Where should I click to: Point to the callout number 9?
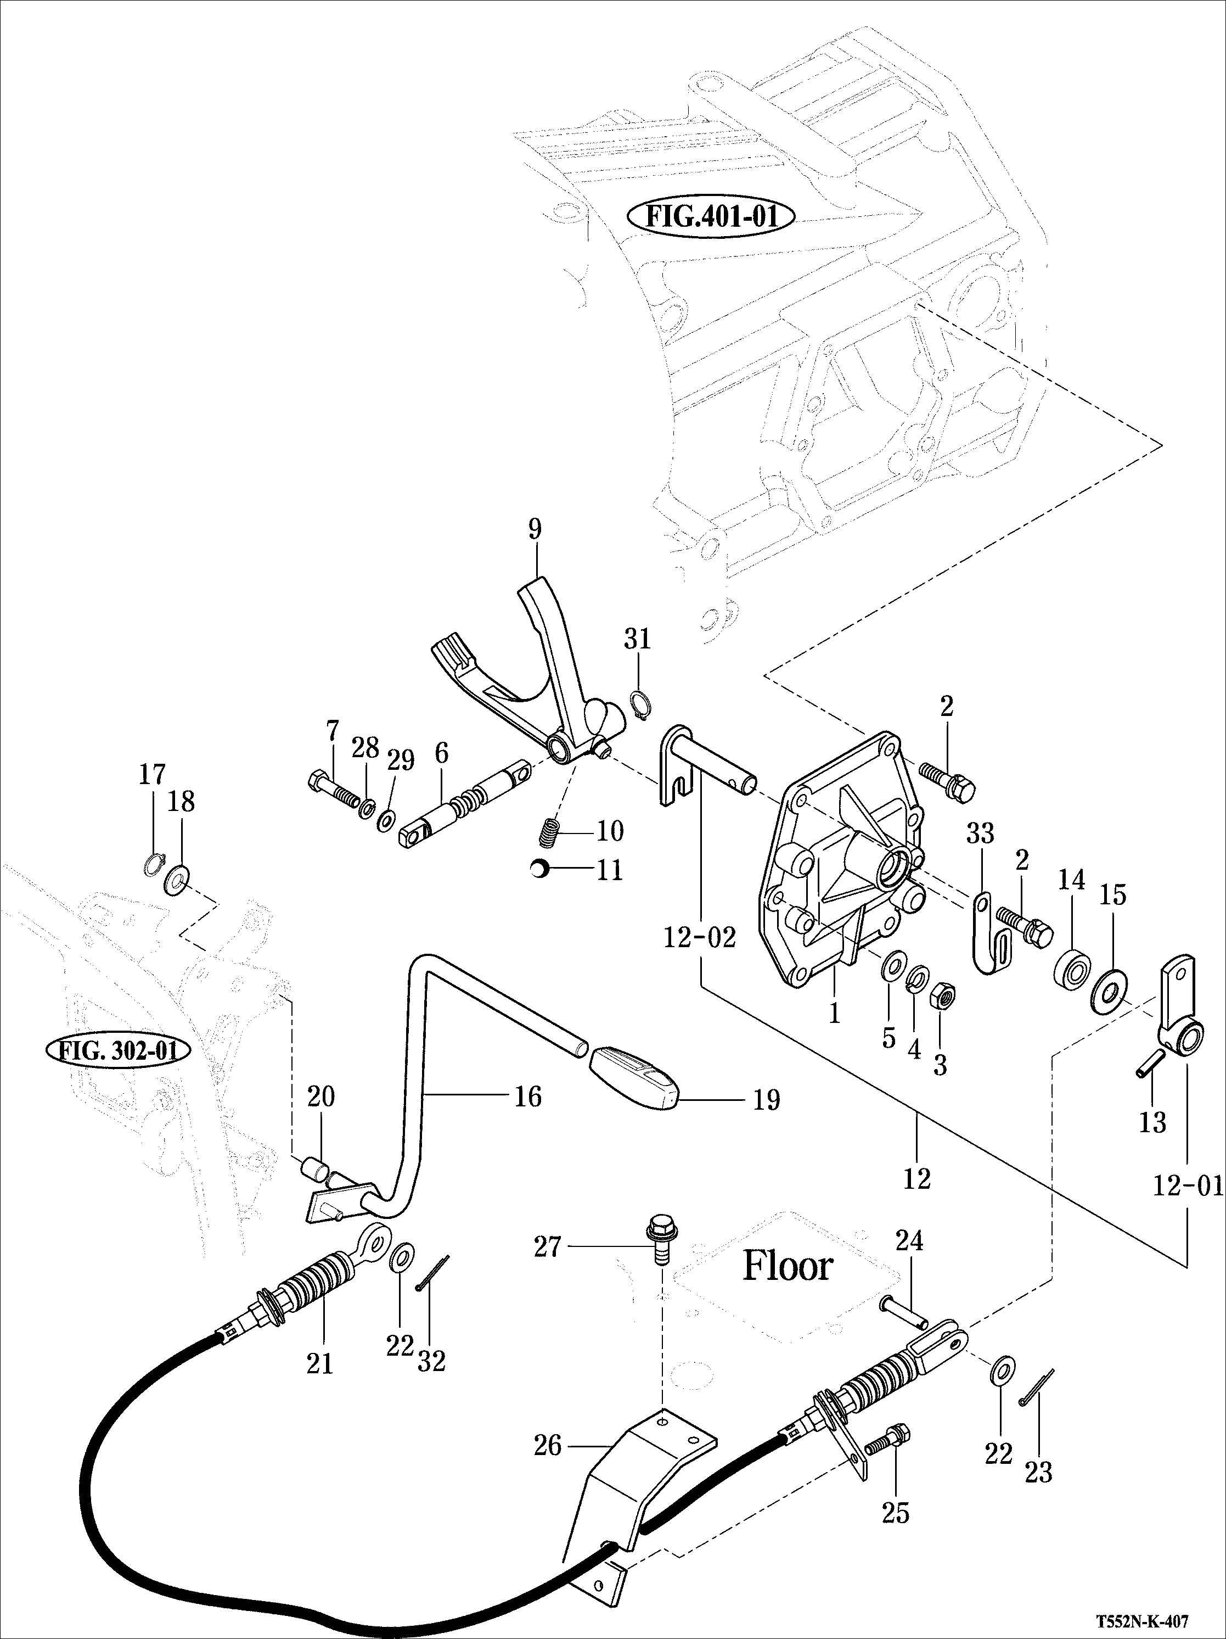coord(535,530)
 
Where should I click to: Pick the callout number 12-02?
coord(699,938)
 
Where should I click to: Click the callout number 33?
coord(980,834)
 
